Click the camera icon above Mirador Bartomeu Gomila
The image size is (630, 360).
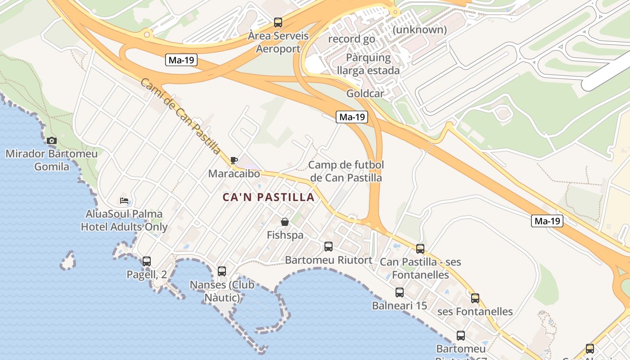pyautogui.click(x=52, y=140)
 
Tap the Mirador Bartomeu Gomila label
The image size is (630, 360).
pyautogui.click(x=52, y=160)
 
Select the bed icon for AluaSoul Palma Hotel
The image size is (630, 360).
pyautogui.click(x=124, y=200)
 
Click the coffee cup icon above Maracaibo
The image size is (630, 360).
pyautogui.click(x=234, y=160)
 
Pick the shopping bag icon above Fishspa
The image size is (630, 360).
pyautogui.click(x=285, y=222)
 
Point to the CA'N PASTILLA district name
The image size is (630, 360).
pyautogui.click(x=268, y=197)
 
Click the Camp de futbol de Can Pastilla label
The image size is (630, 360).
pyautogui.click(x=346, y=171)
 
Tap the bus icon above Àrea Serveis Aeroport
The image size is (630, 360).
pyautogui.click(x=278, y=22)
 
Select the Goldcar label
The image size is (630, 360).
pyautogui.click(x=365, y=94)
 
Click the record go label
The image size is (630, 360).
pyautogui.click(x=351, y=39)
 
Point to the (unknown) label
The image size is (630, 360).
pyautogui.click(x=420, y=30)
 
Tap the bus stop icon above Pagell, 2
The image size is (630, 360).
pyautogui.click(x=146, y=261)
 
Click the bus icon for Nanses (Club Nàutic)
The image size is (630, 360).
pyautogui.click(x=222, y=271)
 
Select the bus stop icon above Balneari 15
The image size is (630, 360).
pyautogui.click(x=400, y=292)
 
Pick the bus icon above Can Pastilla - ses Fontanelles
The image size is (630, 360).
pyautogui.click(x=420, y=249)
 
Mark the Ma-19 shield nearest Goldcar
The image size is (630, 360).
pyautogui.click(x=352, y=117)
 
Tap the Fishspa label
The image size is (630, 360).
pyautogui.click(x=285, y=235)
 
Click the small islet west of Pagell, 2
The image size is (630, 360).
pyautogui.click(x=68, y=261)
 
